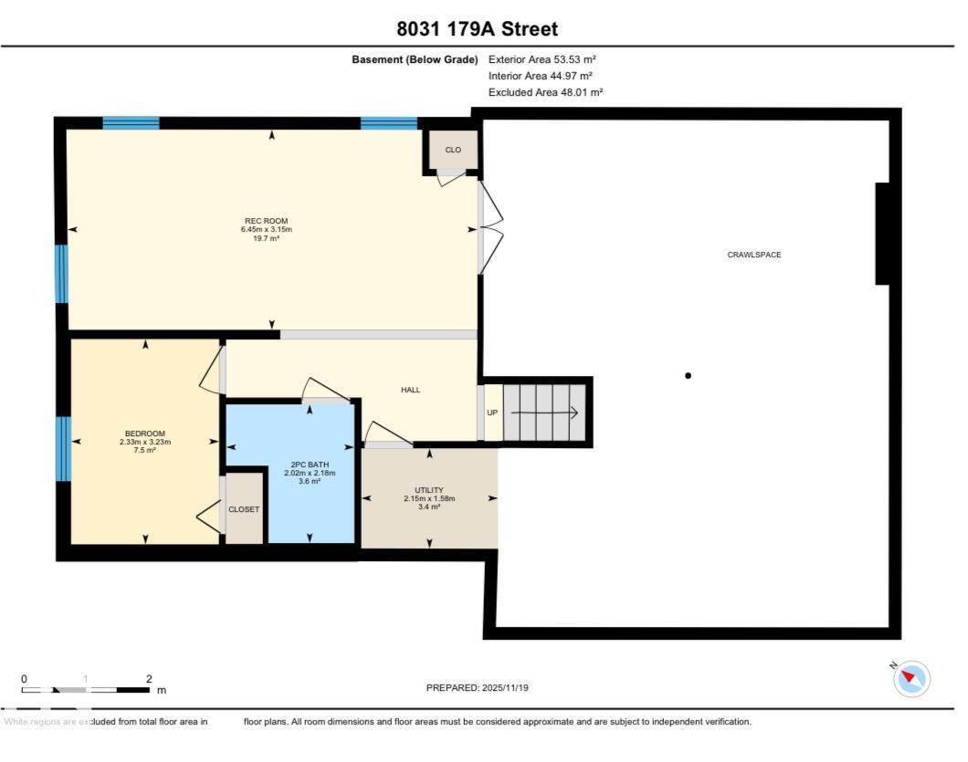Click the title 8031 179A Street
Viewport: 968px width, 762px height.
pos(477,29)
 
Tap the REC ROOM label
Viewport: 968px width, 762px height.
pos(266,220)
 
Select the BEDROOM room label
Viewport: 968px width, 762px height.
pos(145,433)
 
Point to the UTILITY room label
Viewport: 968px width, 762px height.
pos(428,490)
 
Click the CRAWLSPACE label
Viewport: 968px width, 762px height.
pos(753,255)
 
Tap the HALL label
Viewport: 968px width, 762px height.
pos(411,390)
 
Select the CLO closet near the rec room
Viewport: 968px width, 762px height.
pos(453,150)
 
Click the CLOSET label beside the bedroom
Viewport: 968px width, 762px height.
pos(244,509)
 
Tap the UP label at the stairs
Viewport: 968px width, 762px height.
pos(492,412)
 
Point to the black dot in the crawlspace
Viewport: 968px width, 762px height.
pos(688,375)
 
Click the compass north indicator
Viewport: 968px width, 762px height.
pos(910,679)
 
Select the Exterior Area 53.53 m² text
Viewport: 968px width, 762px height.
pos(542,59)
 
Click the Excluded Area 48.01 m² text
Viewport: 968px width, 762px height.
pos(545,92)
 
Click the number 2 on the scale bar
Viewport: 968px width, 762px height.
pos(148,679)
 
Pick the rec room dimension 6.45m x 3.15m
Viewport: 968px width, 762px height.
pos(266,229)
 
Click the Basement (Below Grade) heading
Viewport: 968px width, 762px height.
pos(415,59)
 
